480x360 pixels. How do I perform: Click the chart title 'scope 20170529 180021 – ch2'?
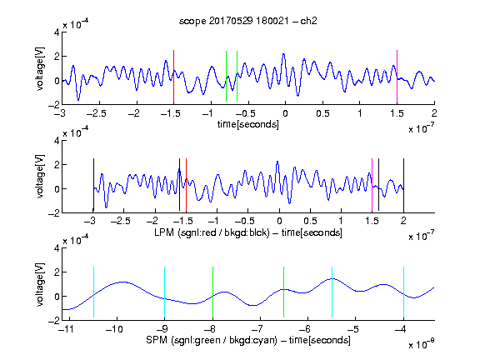pos(248,21)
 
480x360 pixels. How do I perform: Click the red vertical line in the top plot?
pos(173,77)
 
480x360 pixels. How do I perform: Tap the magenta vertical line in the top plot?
pos(397,77)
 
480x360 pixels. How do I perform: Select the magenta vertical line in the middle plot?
pos(372,185)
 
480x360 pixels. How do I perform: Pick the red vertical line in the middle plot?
pos(186,185)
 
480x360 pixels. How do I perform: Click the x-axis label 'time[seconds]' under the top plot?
pos(248,124)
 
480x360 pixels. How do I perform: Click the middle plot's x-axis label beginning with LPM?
pos(248,232)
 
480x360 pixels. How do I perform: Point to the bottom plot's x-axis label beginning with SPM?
pos(248,340)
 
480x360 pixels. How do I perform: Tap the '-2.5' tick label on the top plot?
pos(97,114)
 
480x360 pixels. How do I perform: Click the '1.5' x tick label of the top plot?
pos(397,114)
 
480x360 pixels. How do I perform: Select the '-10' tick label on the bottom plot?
pos(114,329)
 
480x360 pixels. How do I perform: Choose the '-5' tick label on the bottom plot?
pos(353,329)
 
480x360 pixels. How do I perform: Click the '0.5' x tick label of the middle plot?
pos(310,221)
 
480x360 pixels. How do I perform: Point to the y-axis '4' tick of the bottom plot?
pos(57,248)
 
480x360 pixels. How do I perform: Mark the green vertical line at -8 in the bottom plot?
pos(212,292)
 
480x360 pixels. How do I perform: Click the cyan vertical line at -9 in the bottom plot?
pos(165,292)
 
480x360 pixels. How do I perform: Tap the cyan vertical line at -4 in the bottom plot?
pos(403,292)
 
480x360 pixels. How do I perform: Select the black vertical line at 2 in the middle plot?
pos(403,185)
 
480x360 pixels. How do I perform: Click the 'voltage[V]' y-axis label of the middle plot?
pos(40,177)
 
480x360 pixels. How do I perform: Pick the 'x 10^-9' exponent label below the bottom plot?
pos(421,343)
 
